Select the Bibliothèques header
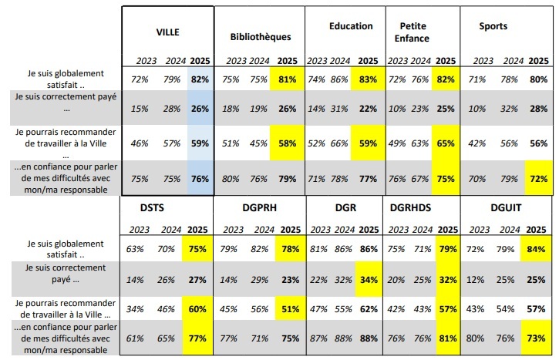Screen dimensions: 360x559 point(260,37)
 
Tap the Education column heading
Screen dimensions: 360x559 point(351,26)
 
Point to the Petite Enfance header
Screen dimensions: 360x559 point(415,32)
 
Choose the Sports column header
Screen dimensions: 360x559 point(493,26)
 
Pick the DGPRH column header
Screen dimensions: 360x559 point(240,207)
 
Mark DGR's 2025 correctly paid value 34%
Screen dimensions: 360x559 point(368,278)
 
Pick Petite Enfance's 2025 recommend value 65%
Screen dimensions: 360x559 point(446,143)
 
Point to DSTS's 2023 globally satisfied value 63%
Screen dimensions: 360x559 point(136,248)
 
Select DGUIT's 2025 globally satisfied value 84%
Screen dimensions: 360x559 point(537,248)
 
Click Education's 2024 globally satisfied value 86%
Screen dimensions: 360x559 point(338,79)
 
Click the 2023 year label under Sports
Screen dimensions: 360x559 point(483,60)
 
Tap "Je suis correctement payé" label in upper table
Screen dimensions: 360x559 point(59,102)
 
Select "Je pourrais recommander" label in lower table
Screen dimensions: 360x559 point(59,308)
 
